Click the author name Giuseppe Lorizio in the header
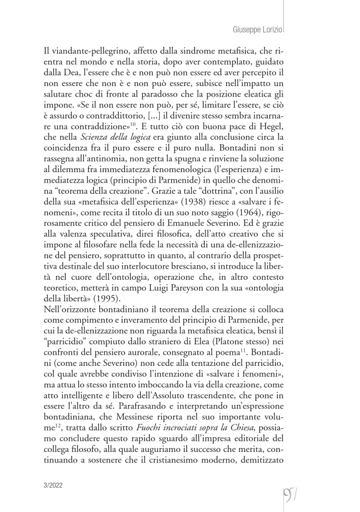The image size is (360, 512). [x=258, y=30]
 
